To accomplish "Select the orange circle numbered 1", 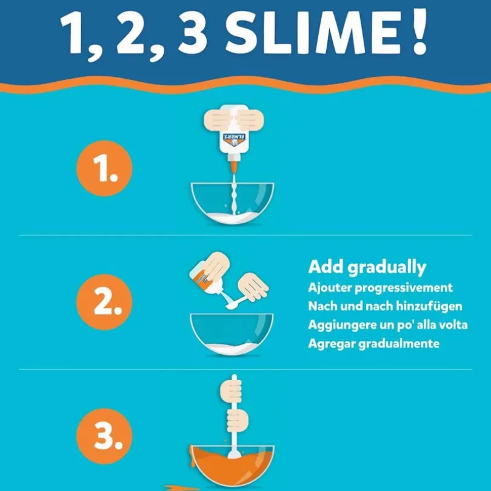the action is (104, 168).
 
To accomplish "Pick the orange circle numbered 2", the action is (104, 302).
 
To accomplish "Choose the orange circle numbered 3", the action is (104, 436).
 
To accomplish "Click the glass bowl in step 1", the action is (232, 203).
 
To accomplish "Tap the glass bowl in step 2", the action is (232, 334).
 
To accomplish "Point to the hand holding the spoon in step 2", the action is (253, 286).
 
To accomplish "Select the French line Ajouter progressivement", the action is (380, 288).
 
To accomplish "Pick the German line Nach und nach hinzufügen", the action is (385, 306).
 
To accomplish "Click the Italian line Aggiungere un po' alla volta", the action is (388, 325).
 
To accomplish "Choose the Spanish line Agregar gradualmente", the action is (374, 343).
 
